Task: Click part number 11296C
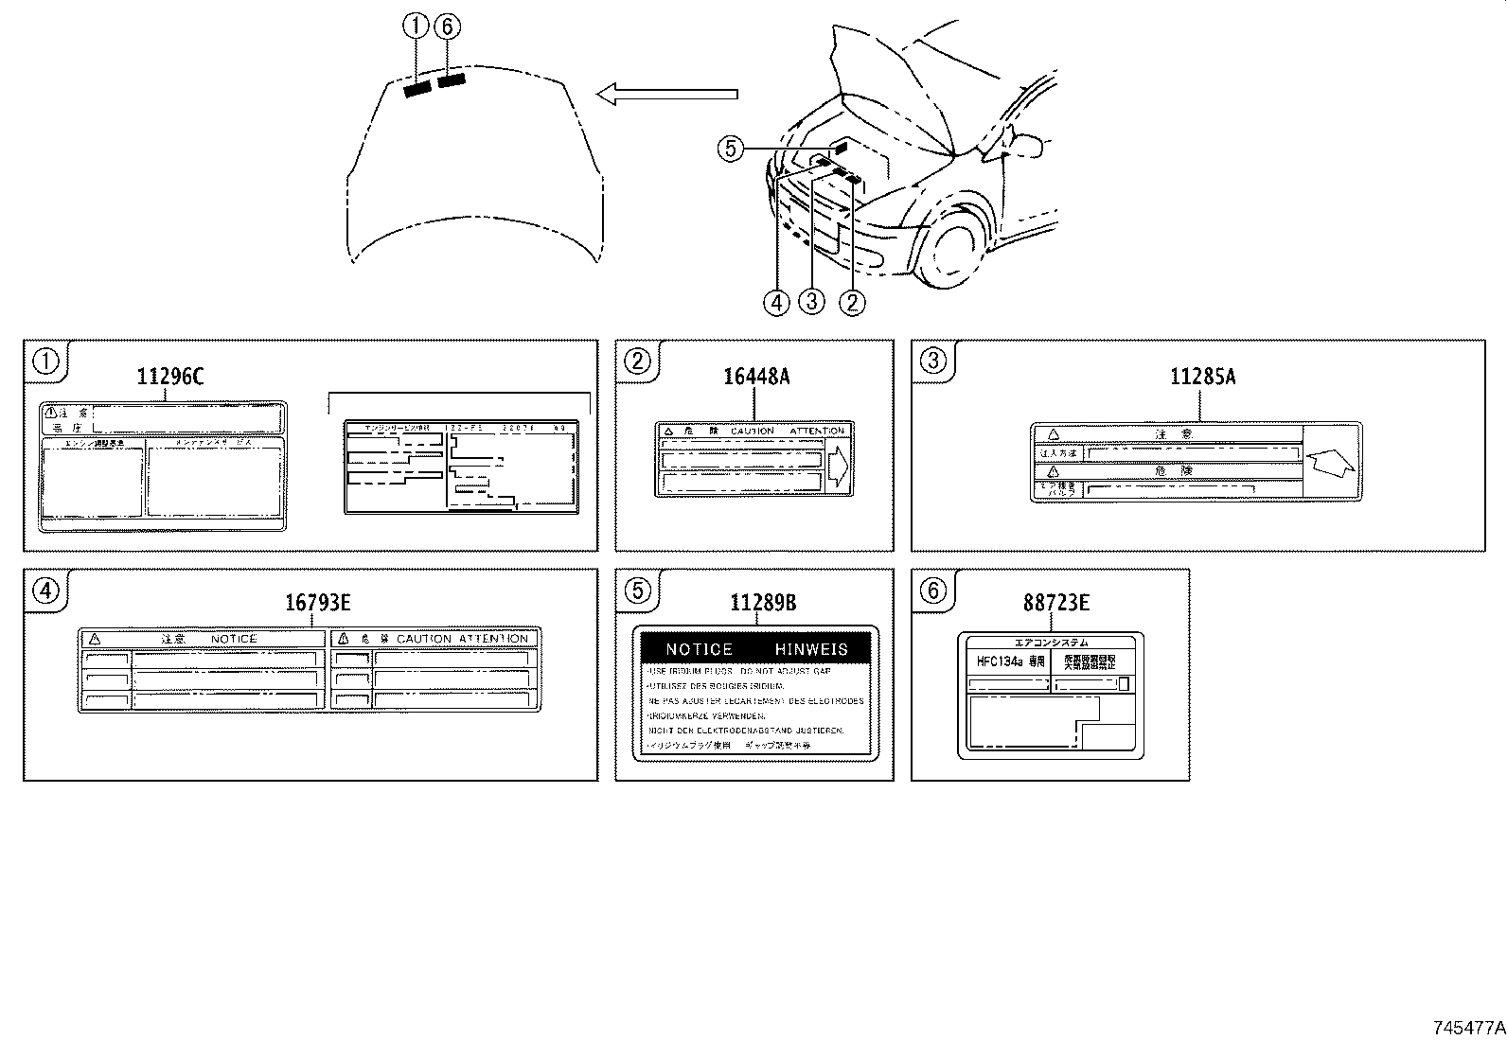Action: (169, 377)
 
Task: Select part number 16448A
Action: (755, 377)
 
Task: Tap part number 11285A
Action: (1202, 377)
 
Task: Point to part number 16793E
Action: (318, 603)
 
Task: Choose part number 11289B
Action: (763, 603)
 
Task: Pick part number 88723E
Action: (1055, 603)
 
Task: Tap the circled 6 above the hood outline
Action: (447, 27)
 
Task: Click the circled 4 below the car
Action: (776, 302)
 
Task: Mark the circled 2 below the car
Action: (852, 302)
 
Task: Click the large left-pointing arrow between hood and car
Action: (667, 93)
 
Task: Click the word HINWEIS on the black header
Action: (811, 649)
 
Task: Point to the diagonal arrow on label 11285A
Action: (1332, 464)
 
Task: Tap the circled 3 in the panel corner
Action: (933, 360)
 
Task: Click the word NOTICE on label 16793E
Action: (233, 639)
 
